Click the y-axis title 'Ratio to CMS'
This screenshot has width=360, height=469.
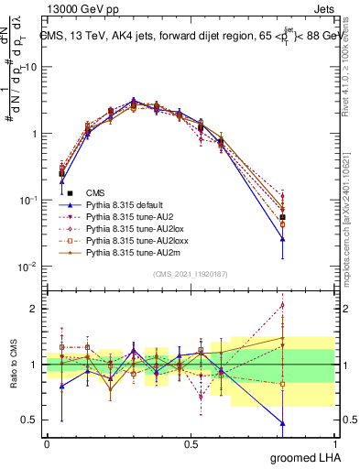(x=12, y=365)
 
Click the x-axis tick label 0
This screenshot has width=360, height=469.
(x=47, y=443)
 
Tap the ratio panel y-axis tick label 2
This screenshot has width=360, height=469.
(x=35, y=309)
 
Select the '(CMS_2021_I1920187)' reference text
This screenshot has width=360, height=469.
(x=191, y=274)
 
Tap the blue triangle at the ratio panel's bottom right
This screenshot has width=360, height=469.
(x=282, y=423)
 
